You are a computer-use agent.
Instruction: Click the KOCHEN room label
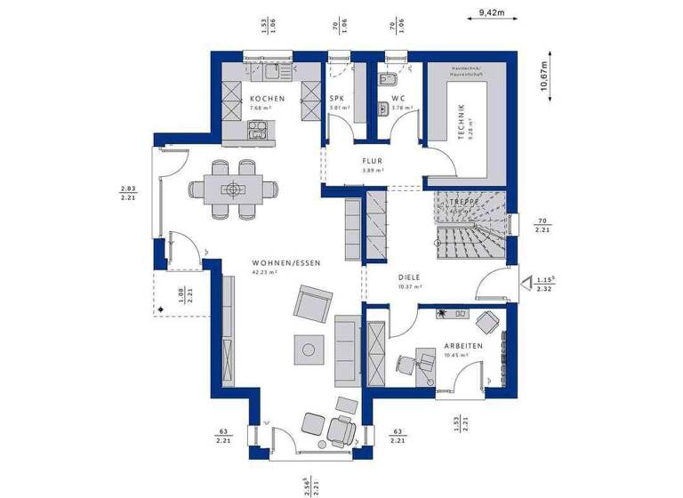click(267, 99)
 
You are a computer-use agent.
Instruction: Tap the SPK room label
click(337, 99)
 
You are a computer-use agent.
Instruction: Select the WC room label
click(398, 99)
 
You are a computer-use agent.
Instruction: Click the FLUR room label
click(372, 161)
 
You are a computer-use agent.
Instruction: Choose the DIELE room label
click(409, 277)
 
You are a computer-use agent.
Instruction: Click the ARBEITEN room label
click(463, 346)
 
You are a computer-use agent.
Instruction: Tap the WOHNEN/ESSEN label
click(285, 263)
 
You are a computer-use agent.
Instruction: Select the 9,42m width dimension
click(491, 12)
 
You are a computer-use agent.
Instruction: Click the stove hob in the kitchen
click(255, 131)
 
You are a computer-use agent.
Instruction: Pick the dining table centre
click(234, 189)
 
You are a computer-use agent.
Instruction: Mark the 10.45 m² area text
click(455, 356)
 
